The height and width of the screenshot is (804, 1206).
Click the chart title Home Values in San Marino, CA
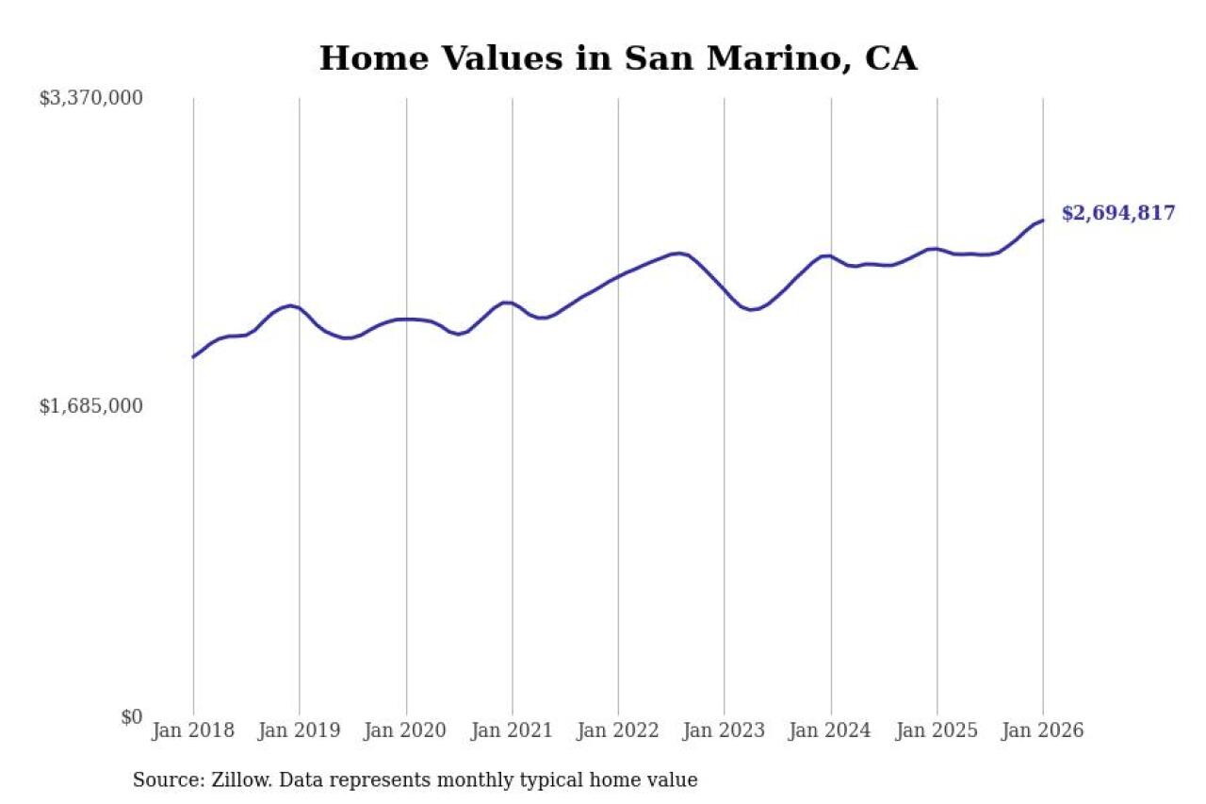coord(617,58)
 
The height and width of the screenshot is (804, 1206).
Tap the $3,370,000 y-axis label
coord(90,98)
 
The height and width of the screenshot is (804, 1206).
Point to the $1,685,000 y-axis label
coord(90,406)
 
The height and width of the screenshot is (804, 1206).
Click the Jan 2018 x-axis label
coord(193,731)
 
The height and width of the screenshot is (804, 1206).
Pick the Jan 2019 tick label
coord(300,731)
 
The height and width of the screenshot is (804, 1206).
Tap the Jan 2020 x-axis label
coord(406,731)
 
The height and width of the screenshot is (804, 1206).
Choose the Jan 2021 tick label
coord(513,731)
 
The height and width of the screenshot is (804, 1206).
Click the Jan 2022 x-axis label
coord(618,731)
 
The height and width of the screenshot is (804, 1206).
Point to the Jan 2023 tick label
coord(725,731)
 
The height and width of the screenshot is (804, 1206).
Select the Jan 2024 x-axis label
coord(831,731)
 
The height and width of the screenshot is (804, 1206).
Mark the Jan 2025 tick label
coord(937,731)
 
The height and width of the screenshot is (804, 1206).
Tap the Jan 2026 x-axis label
coord(1043,731)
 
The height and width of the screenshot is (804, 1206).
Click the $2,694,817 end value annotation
coord(1118,213)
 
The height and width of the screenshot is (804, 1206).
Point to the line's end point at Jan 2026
coord(1043,221)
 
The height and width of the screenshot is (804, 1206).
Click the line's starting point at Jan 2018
coord(193,357)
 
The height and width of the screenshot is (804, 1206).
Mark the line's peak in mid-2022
coord(678,253)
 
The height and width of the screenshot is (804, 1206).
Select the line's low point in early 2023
coord(751,309)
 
